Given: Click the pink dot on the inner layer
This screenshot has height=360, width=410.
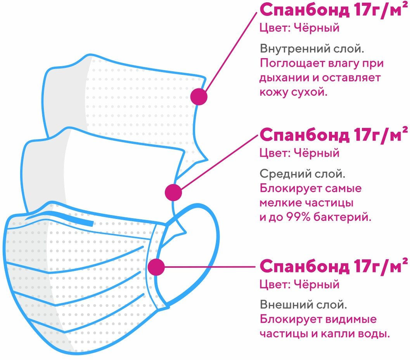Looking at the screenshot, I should [199, 96].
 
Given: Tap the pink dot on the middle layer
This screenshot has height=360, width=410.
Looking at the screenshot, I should [173, 192].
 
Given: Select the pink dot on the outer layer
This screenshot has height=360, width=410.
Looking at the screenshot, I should [156, 267].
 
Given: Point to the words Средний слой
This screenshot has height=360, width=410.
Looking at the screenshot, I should [302, 174].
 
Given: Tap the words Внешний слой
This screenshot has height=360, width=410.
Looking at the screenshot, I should [303, 304].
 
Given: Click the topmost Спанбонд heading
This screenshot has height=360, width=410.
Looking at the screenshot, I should [334, 10].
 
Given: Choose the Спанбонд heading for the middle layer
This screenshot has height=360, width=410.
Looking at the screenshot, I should [334, 135].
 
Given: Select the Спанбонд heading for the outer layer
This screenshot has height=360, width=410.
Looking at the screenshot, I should [334, 266].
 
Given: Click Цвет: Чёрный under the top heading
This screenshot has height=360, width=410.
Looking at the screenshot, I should [299, 28].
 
